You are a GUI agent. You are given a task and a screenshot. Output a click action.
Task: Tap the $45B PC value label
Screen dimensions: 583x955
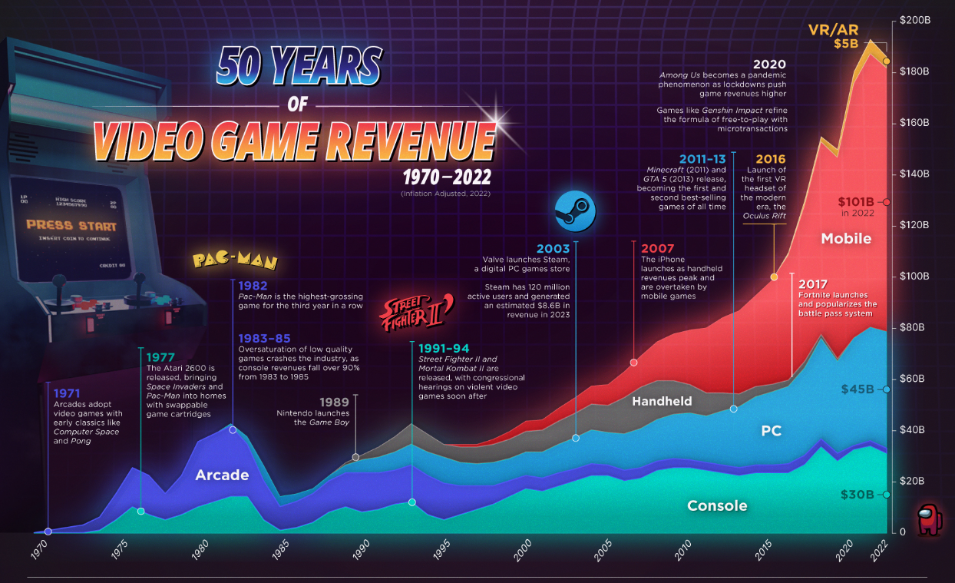click(857, 389)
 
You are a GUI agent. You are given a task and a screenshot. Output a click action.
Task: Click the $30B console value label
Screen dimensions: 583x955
click(857, 495)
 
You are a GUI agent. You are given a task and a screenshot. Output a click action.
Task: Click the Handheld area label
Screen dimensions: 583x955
click(662, 401)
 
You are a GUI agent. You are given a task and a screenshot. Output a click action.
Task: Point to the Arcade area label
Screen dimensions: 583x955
click(222, 475)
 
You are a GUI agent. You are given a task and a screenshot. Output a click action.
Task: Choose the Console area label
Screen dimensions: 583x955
click(717, 505)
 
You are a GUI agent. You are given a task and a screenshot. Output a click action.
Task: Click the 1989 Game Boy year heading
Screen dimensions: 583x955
click(335, 401)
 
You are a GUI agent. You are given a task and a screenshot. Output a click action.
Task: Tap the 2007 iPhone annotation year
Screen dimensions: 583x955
click(657, 248)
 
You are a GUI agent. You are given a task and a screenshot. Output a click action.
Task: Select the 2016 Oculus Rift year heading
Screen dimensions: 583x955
click(770, 160)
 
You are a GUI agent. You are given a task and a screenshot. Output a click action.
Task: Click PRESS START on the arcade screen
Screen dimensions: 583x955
click(71, 226)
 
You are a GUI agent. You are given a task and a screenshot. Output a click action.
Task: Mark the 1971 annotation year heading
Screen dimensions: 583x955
click(67, 393)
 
